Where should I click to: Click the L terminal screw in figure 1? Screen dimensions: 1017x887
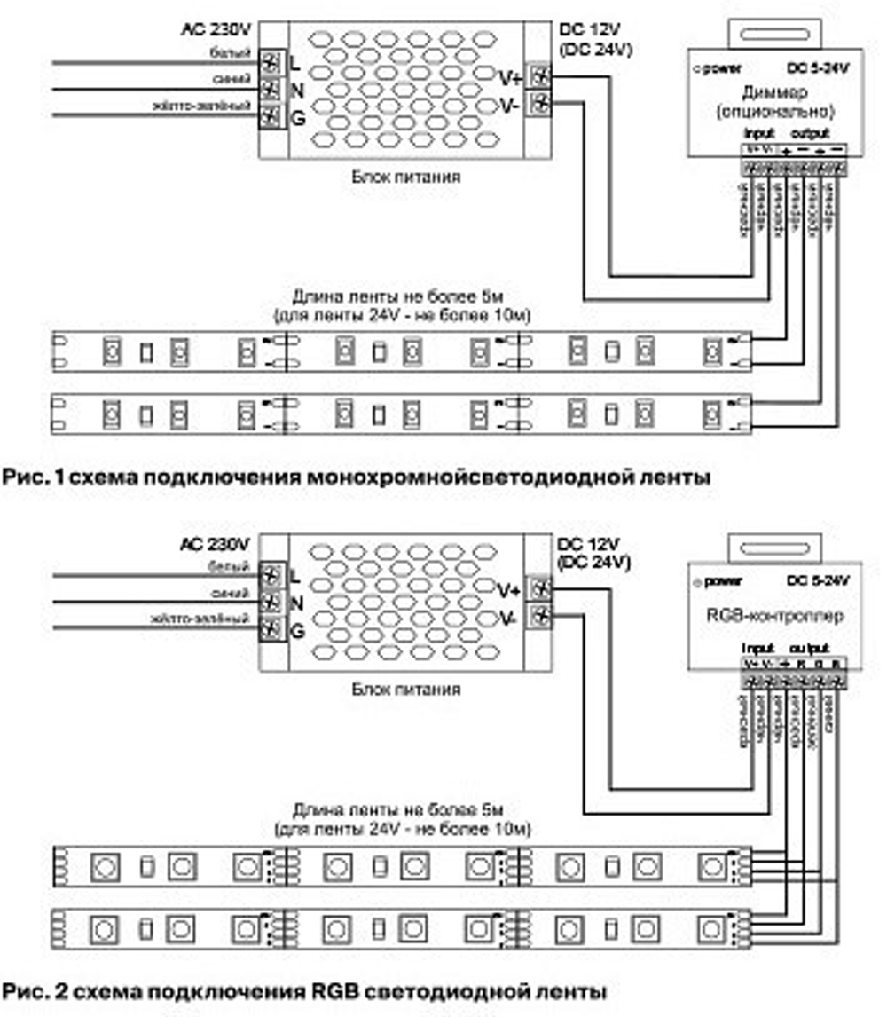coord(271,63)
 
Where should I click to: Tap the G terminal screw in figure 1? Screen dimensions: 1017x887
coord(271,114)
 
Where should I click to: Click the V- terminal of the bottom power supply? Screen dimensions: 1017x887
coord(539,614)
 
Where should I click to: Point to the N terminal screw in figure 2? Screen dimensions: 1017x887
coord(271,602)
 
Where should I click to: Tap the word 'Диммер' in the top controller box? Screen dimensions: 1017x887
coord(775,93)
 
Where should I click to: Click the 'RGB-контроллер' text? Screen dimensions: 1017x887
coord(775,615)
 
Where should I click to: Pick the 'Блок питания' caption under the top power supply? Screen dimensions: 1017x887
coord(405,176)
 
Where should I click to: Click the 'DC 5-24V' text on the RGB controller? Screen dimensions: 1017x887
coord(817,580)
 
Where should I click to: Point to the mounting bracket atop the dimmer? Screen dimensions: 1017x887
coord(774,33)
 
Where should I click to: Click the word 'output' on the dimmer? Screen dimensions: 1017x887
coord(809,133)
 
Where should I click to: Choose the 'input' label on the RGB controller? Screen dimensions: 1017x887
coord(757,648)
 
